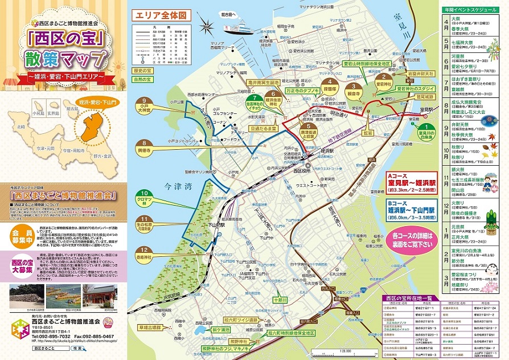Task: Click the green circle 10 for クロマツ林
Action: pyautogui.click(x=145, y=194)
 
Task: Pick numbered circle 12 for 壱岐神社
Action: pyautogui.click(x=145, y=250)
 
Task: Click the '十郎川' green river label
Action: pyautogui.click(x=280, y=299)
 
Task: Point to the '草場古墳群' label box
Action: pyautogui.click(x=148, y=327)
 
